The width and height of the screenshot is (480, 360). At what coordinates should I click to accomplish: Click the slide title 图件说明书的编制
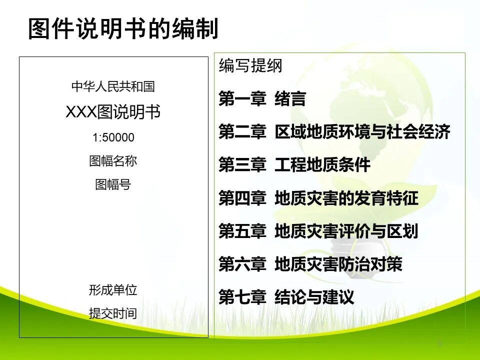[123, 29]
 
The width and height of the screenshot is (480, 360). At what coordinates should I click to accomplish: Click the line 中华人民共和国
[113, 87]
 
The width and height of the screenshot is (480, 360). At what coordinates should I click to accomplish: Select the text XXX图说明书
[113, 112]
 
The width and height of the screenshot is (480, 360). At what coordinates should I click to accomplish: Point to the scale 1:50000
[113, 137]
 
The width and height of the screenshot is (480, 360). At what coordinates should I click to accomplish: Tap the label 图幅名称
[113, 161]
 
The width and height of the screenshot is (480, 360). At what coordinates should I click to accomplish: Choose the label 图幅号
[113, 184]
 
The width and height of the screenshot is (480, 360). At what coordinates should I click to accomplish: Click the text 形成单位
[113, 290]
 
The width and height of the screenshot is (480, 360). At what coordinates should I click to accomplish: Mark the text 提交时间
[113, 314]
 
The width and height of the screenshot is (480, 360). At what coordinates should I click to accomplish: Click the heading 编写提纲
[250, 66]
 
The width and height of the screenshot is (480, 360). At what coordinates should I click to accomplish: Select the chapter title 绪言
[290, 99]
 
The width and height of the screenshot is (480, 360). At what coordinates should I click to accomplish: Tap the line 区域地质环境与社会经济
[362, 132]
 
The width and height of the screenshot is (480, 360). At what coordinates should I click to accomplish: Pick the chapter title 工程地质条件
[322, 165]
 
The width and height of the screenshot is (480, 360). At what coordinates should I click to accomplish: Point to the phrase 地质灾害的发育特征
[346, 198]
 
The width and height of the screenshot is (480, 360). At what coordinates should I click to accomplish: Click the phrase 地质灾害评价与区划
[346, 231]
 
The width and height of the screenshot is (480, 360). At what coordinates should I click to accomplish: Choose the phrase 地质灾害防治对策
[338, 264]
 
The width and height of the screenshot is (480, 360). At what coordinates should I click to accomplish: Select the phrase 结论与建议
[314, 298]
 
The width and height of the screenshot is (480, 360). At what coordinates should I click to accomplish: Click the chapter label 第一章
[242, 99]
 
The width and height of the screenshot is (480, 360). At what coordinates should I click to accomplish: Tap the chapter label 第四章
[242, 198]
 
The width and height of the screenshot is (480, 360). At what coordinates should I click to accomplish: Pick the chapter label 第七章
[242, 298]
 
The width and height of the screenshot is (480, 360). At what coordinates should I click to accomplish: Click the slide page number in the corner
[440, 344]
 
